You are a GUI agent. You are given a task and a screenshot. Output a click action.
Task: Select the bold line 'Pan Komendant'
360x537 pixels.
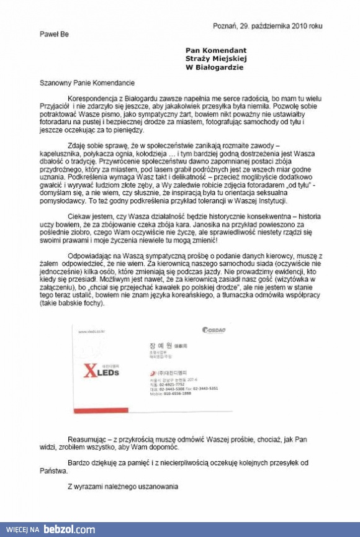[215, 50]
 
